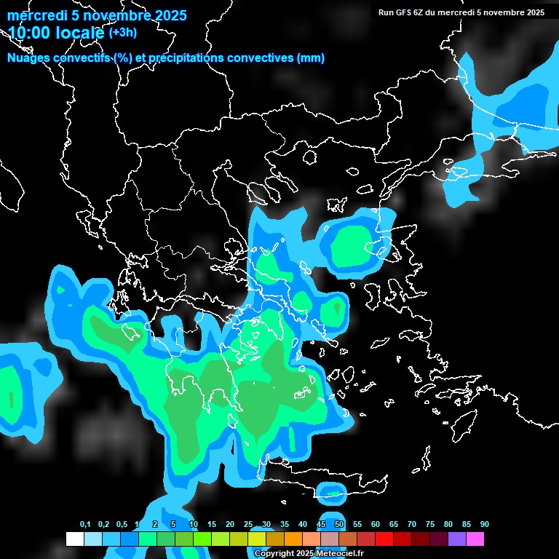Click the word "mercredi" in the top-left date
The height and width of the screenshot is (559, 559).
(33, 15)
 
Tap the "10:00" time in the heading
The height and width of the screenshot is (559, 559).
(29, 33)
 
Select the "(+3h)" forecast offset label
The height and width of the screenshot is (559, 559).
(123, 33)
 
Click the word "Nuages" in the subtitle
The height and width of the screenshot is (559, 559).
(28, 58)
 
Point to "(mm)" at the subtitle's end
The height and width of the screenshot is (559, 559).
(311, 58)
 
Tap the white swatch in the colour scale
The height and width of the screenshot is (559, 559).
(74, 539)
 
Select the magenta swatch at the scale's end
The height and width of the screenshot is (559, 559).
(475, 539)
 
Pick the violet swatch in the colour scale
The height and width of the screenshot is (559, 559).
(457, 539)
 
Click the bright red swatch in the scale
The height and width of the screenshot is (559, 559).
(384, 539)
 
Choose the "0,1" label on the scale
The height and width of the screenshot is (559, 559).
(85, 525)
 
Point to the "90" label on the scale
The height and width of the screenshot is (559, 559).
(485, 525)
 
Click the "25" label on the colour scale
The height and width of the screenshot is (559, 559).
(248, 525)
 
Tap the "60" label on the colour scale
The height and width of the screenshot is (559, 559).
(376, 525)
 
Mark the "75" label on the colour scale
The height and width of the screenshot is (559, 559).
(430, 525)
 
